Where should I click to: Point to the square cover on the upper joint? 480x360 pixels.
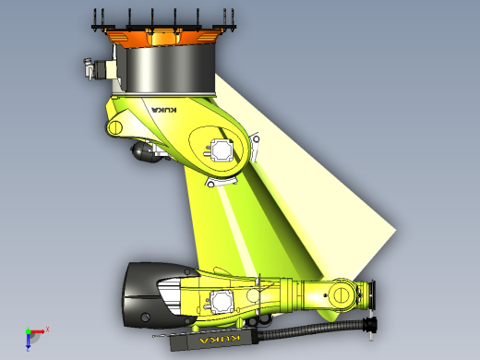tap(222, 149)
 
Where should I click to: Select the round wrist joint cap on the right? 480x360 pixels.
tap(341, 294)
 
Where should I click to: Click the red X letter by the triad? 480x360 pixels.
tap(47, 328)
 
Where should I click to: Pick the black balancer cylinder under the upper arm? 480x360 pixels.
tap(145, 151)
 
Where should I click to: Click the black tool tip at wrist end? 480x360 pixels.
tap(372, 323)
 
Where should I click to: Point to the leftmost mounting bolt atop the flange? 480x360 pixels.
tap(98, 19)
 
